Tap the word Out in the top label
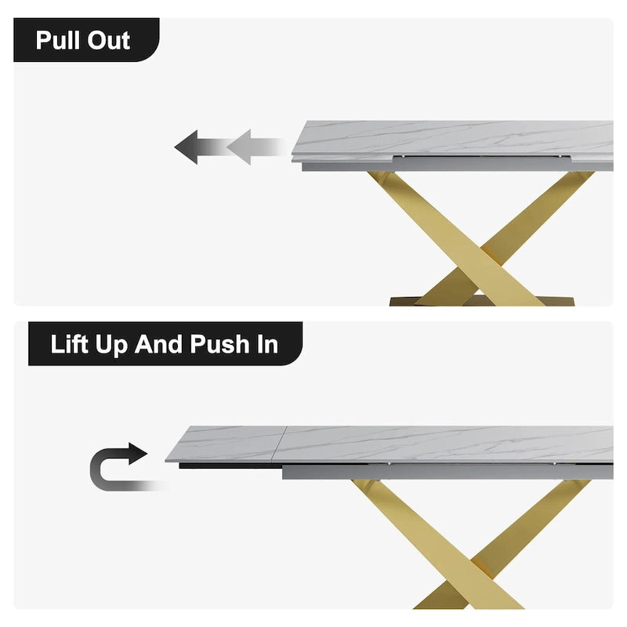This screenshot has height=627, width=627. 108,40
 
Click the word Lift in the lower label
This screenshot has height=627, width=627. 71,344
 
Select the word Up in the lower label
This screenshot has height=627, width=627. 114,344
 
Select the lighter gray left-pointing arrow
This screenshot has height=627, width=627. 249,147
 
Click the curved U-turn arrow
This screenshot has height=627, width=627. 118,468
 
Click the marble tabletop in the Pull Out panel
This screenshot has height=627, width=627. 455,140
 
